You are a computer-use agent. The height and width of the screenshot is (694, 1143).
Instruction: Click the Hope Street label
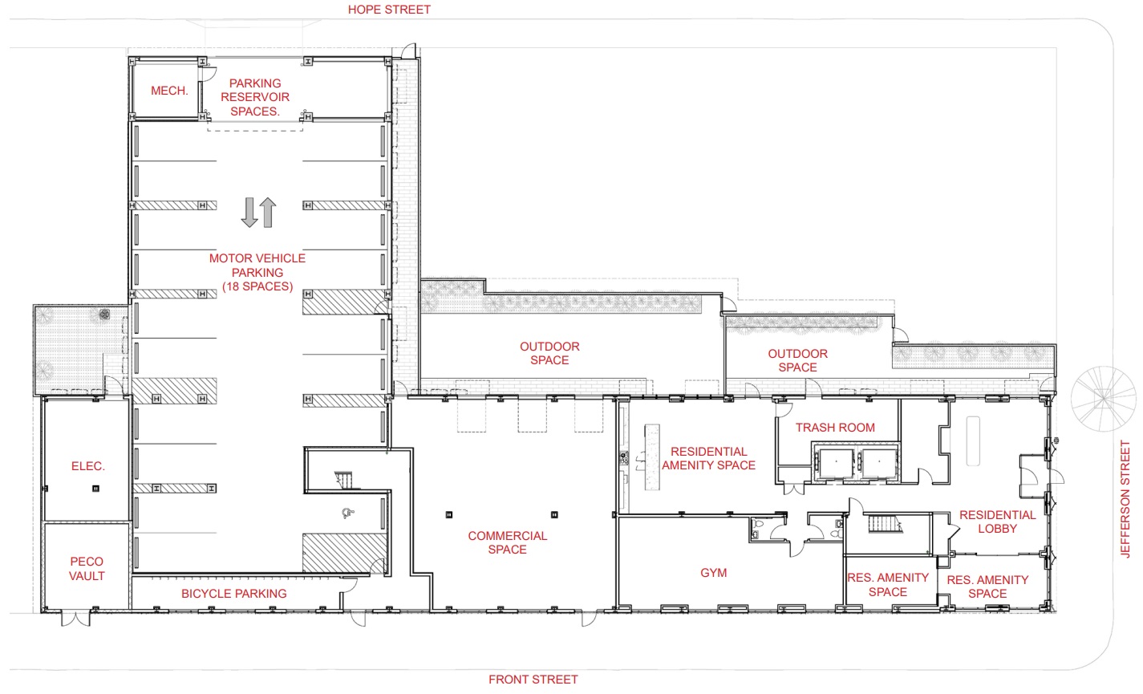(389, 10)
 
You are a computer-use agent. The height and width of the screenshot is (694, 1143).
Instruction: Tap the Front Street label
(533, 680)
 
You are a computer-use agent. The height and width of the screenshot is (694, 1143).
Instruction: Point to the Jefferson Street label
(1125, 498)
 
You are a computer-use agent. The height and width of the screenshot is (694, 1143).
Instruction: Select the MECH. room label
(169, 91)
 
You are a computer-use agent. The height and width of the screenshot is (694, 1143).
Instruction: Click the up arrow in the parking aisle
(268, 213)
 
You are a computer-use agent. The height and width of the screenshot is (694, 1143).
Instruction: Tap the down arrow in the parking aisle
(249, 213)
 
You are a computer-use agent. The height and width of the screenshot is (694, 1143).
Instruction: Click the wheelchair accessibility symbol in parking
(348, 513)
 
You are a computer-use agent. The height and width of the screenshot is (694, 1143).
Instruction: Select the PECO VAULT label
(87, 569)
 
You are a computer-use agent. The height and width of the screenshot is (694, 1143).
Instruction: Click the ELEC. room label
(87, 466)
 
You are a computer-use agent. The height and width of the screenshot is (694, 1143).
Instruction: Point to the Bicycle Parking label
(234, 594)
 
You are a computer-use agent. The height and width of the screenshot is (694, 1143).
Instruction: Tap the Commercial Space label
(507, 542)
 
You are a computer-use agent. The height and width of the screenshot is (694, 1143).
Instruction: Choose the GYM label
(713, 573)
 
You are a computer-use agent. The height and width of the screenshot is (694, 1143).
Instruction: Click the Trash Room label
(835, 428)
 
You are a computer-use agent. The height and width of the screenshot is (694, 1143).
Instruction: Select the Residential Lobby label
(998, 522)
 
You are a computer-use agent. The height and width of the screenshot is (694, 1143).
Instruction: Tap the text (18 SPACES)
(257, 286)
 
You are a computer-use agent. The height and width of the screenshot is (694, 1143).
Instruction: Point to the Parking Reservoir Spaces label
(255, 97)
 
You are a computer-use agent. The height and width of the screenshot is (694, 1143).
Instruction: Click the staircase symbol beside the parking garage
(343, 481)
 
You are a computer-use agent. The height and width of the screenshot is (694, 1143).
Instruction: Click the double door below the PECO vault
(75, 618)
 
